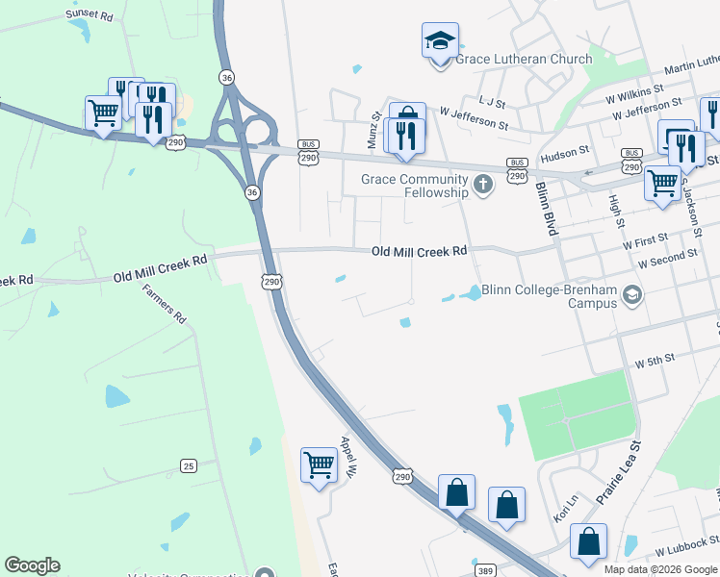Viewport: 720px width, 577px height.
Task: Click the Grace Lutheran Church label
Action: pyautogui.click(x=524, y=60)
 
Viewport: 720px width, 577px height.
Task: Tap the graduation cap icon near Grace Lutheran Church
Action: pyautogui.click(x=440, y=42)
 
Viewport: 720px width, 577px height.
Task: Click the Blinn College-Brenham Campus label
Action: pyautogui.click(x=549, y=296)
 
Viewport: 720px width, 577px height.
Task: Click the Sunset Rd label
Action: pyautogui.click(x=90, y=15)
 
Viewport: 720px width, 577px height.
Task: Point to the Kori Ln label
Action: pyautogui.click(x=565, y=504)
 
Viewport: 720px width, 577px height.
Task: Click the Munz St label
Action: pyautogui.click(x=375, y=130)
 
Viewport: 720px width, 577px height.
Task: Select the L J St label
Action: pyautogui.click(x=491, y=100)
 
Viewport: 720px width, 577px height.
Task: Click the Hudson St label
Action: pyautogui.click(x=564, y=152)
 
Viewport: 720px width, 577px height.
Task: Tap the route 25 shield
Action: pyautogui.click(x=188, y=466)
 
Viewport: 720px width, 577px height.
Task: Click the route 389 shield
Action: pyautogui.click(x=485, y=569)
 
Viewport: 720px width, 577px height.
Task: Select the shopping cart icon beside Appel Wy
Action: pyautogui.click(x=318, y=466)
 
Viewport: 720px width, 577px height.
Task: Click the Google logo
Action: pyautogui.click(x=32, y=565)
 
